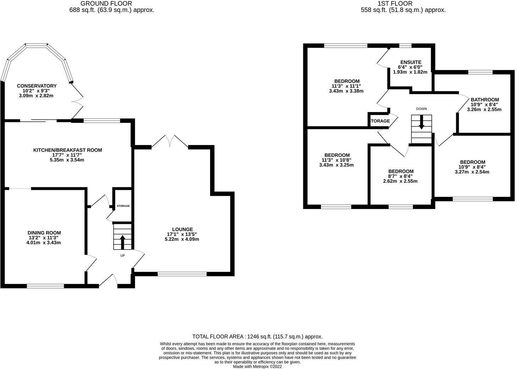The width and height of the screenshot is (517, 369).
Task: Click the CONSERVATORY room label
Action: pos(37,86)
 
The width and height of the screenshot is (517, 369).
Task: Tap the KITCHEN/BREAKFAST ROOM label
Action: pos(67,150)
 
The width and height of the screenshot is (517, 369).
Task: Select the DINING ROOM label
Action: pos(44,233)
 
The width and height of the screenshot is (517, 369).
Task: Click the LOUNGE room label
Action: pos(182,229)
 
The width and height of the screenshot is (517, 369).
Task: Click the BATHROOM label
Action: pos(485,100)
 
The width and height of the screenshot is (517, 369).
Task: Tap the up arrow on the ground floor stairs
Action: pos(123,242)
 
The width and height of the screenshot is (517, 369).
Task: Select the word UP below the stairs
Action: pos(123,255)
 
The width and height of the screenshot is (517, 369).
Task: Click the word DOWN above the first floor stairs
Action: pos(421,109)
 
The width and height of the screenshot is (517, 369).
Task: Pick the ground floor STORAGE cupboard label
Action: pos(123,206)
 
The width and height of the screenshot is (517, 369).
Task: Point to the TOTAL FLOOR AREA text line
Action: pos(257,336)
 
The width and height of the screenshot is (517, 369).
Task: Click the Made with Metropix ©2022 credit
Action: pos(257,367)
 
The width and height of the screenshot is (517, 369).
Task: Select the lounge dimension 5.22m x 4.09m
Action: pos(182,239)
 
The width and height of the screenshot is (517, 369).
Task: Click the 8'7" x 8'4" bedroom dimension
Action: pos(401,176)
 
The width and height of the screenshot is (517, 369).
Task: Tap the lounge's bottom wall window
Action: pos(182,274)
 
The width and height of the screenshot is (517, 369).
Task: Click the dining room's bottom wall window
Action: pos(45,286)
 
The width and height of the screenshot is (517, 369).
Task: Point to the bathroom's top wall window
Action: pos(480,72)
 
